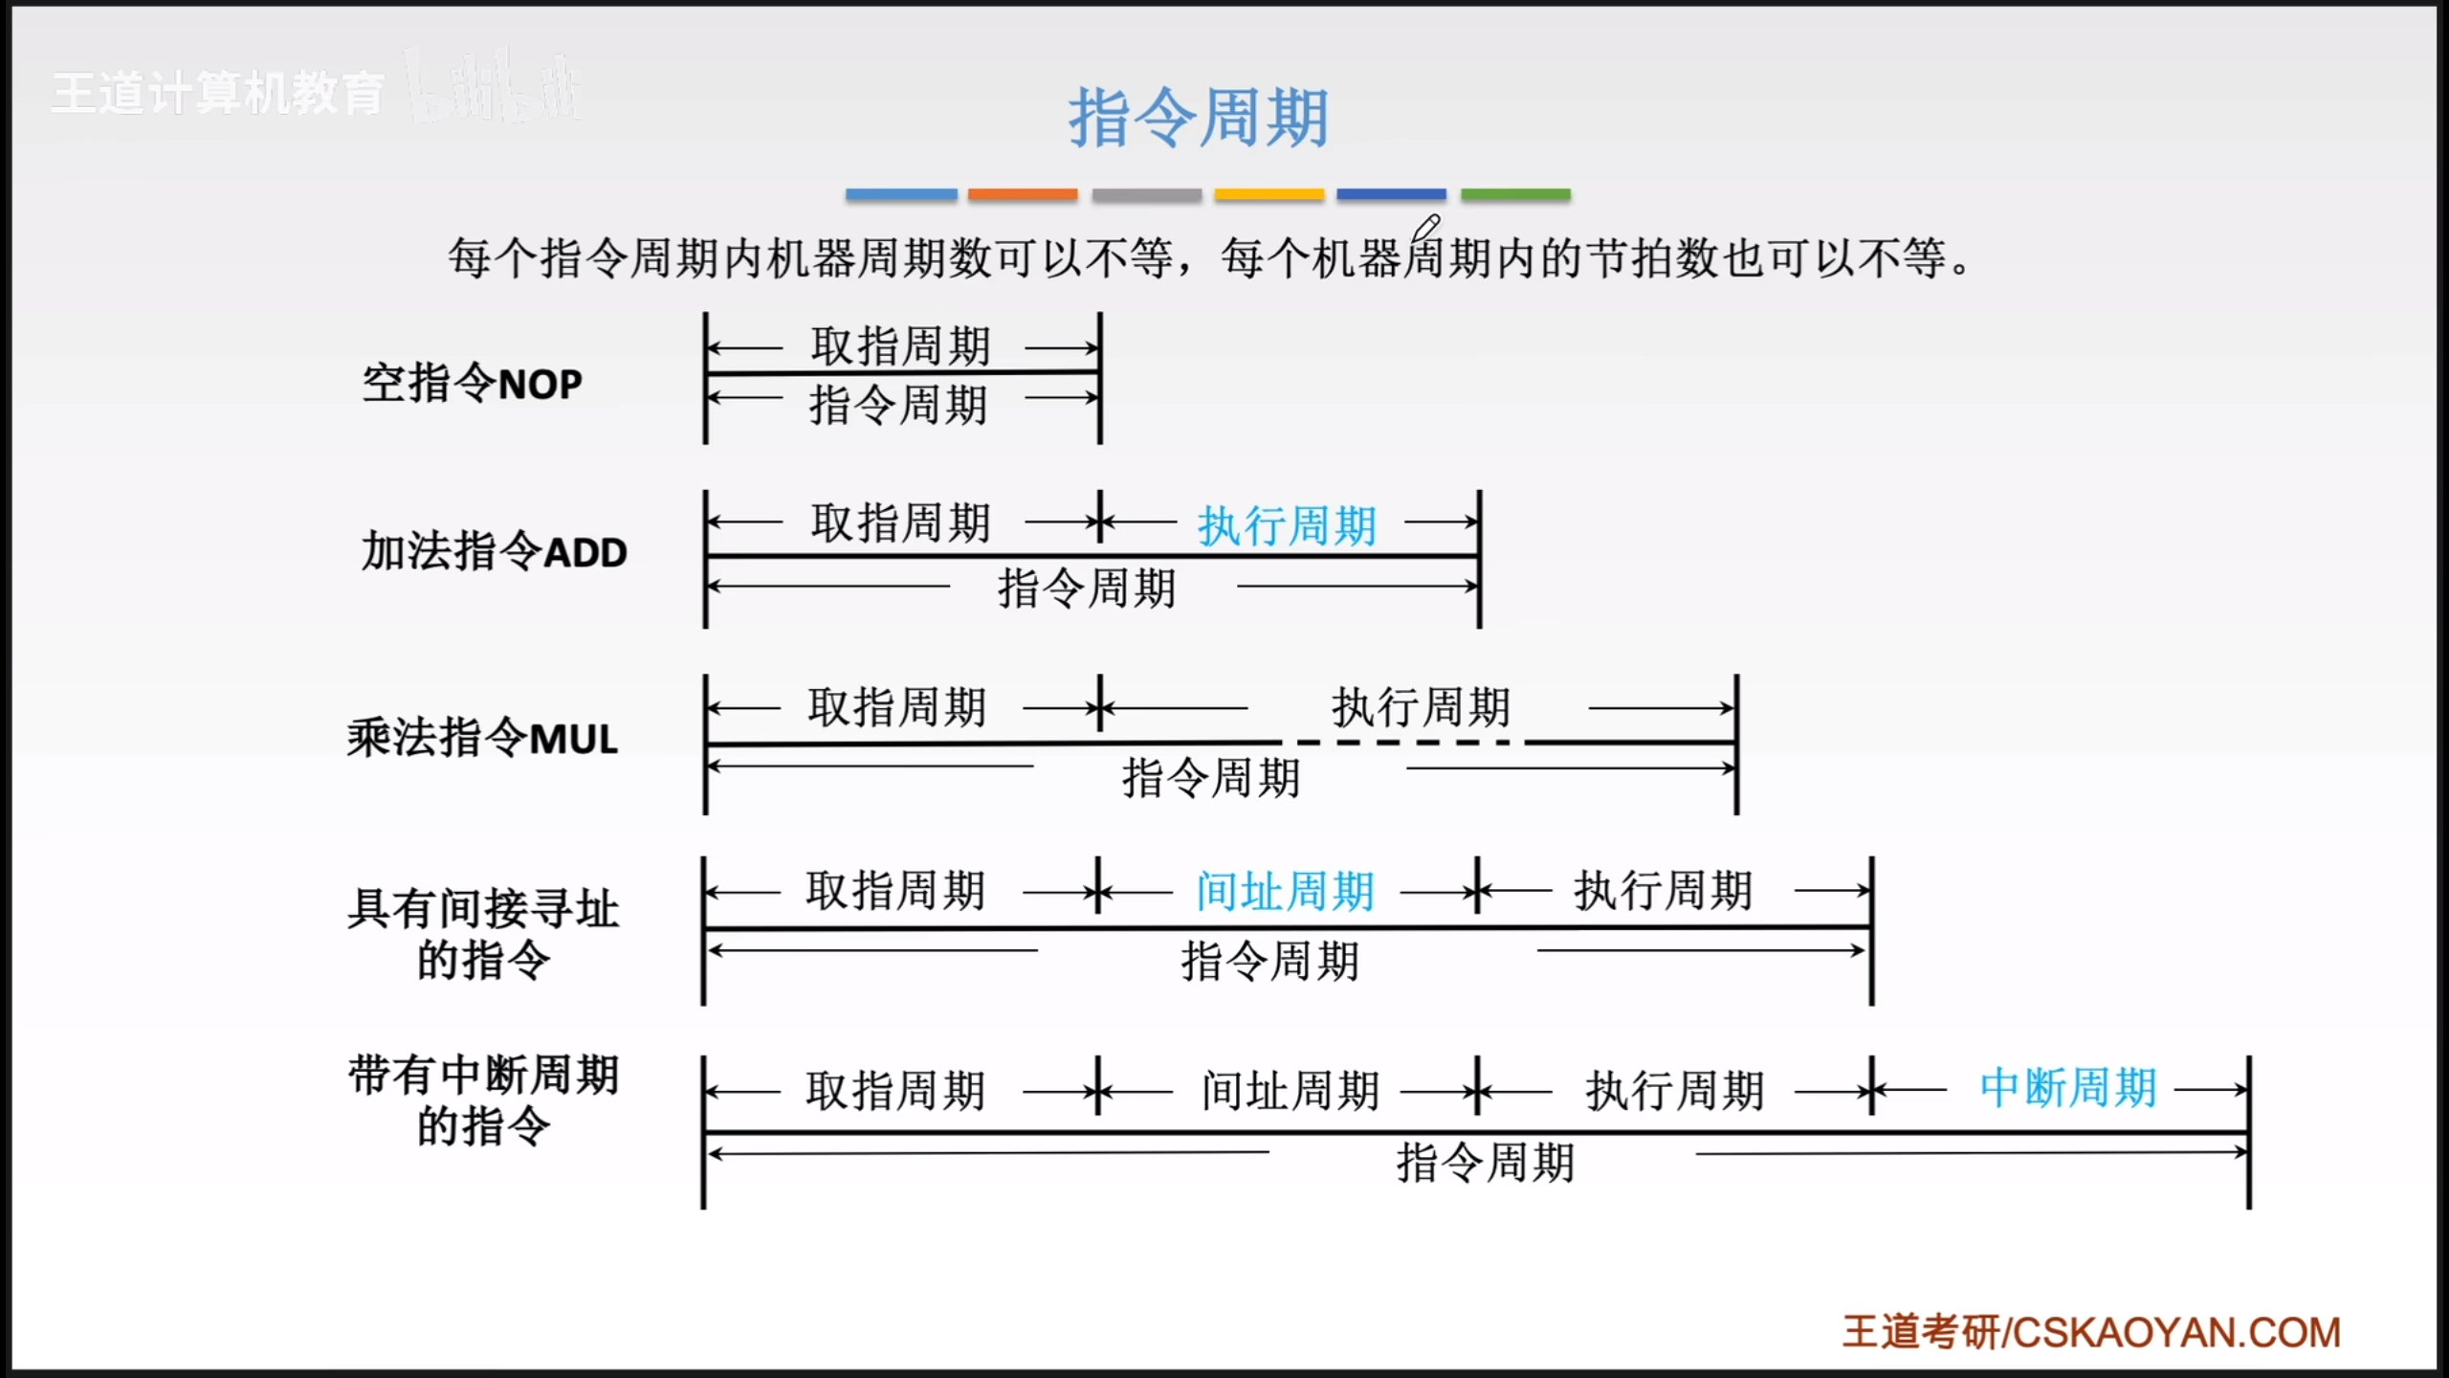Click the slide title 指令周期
click(1198, 119)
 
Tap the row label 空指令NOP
click(472, 384)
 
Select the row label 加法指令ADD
click(494, 552)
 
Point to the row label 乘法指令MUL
click(482, 739)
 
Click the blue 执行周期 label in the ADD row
click(1287, 525)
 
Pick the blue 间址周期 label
click(1285, 892)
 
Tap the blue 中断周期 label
click(2067, 1088)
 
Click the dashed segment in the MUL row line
click(1402, 743)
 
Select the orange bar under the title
click(1022, 194)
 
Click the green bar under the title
click(1515, 194)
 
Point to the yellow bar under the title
click(1269, 194)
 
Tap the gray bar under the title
click(1146, 194)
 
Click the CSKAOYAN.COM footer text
click(2177, 1332)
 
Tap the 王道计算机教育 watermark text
click(218, 94)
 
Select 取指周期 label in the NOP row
click(900, 345)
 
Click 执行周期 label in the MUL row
click(1421, 708)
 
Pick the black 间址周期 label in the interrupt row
click(1290, 1090)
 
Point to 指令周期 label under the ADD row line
click(1087, 588)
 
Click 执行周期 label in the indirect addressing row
click(1664, 891)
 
